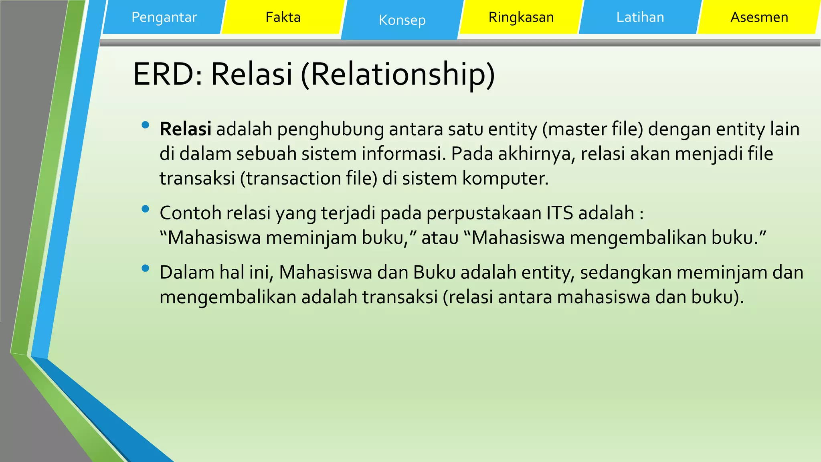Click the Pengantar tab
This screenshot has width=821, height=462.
coord(164,17)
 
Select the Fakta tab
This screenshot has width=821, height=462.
coord(283,17)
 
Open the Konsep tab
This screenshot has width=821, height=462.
coord(402,20)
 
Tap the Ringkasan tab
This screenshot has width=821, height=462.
coord(521,17)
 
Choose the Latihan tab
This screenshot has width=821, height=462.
coord(640,17)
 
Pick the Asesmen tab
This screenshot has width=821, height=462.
coord(759,17)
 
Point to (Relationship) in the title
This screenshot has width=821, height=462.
coord(398,74)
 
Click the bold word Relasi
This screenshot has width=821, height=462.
coord(185,129)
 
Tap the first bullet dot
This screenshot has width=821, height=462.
coord(146,125)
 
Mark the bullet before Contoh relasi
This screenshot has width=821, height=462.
coord(146,209)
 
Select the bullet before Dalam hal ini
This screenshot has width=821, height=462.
coord(146,268)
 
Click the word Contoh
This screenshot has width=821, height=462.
coord(190,213)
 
